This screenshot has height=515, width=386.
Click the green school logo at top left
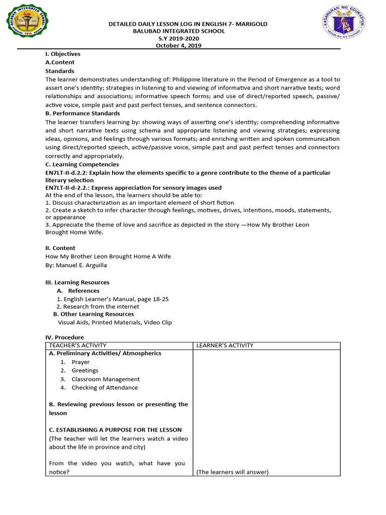tap(29, 24)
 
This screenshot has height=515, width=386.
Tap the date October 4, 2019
tap(179, 45)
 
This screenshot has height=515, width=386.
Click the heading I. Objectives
tap(63, 54)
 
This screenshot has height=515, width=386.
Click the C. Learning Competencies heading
tap(82, 164)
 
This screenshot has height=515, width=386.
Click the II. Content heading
tap(60, 248)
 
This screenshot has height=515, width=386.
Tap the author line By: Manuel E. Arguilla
tap(76, 265)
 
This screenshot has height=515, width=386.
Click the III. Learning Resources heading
tap(77, 283)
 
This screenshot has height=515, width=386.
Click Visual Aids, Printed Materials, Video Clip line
tap(115, 322)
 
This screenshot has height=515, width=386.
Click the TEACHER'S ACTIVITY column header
tap(77, 346)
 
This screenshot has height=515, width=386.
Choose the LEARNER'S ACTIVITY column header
tap(225, 346)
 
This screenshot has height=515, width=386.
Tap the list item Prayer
tap(80, 362)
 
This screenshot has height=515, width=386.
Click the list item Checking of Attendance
tap(105, 388)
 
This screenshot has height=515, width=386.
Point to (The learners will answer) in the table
tap(232, 472)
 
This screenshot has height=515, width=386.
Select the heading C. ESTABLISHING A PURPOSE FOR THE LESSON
tap(115, 430)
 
